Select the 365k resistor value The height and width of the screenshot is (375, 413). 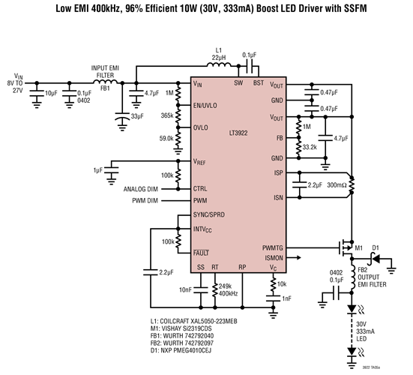click(x=166, y=115)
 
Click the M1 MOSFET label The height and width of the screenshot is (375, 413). click(x=358, y=247)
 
